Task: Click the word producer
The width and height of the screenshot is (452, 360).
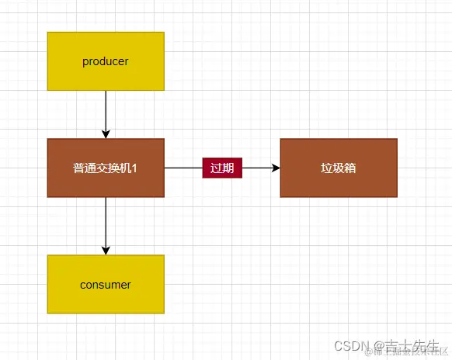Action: coord(106,61)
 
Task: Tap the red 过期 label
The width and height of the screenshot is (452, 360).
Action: coord(222,168)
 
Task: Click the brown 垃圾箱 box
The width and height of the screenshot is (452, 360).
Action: coord(339,168)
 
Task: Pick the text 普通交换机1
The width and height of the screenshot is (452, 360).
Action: coord(106,168)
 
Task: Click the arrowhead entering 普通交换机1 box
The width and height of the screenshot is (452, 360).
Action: coord(106,133)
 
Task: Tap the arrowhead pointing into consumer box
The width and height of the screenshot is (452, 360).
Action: coord(106,250)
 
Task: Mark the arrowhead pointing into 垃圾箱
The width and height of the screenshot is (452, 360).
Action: coord(275,168)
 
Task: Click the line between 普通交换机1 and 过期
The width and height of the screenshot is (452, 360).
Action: coord(183,168)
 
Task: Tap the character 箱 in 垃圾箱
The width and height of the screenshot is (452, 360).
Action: coord(350,168)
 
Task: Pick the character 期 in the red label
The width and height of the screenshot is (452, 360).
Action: coord(228,168)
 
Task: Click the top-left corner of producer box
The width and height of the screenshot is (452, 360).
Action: coord(48,33)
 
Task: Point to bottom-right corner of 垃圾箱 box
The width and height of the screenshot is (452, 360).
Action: coord(396,196)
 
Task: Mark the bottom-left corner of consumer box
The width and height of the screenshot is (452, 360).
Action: coord(48,313)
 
